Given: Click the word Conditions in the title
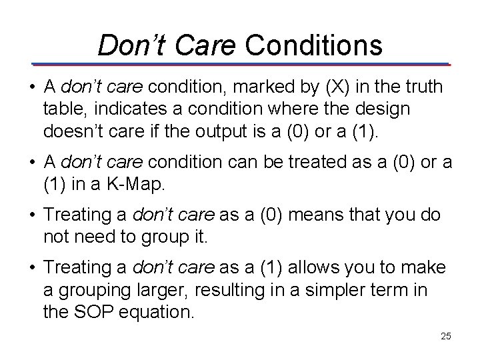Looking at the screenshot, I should (x=314, y=45).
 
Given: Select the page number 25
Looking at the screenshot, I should (x=445, y=336).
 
